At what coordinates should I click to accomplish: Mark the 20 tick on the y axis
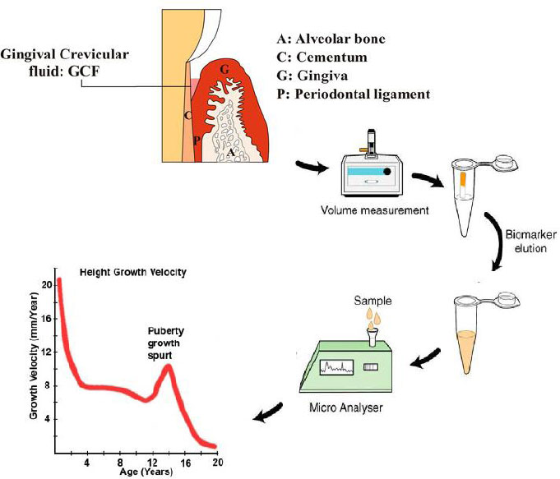coord(47,284)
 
